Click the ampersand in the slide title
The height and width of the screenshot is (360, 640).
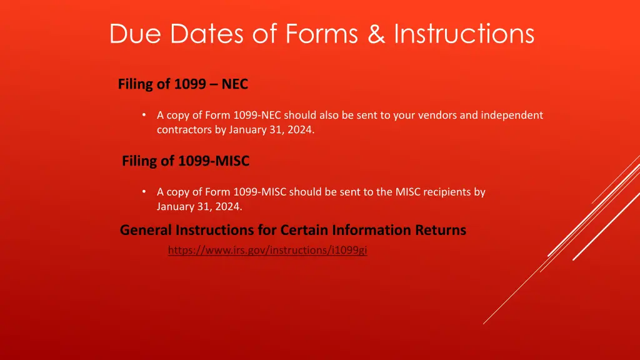click(376, 34)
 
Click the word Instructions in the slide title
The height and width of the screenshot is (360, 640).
click(464, 34)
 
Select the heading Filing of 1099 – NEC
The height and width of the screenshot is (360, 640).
click(183, 84)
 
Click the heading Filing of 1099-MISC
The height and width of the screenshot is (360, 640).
click(186, 161)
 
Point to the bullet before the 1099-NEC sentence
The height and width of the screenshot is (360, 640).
click(144, 115)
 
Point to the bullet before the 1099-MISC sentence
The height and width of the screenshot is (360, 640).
click(144, 192)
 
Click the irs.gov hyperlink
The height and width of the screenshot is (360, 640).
click(267, 251)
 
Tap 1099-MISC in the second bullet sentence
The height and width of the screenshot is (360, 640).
click(259, 192)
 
